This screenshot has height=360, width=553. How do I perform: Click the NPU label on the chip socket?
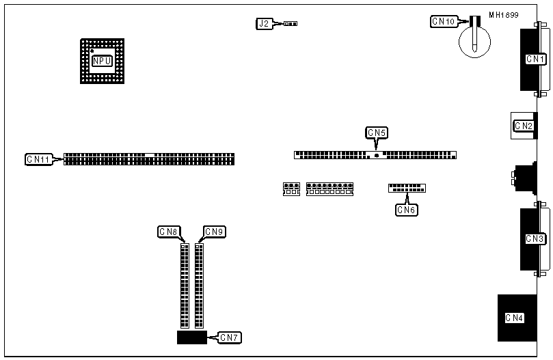[103, 61]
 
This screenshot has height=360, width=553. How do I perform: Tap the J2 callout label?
[264, 23]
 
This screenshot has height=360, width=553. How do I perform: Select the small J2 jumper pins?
[291, 23]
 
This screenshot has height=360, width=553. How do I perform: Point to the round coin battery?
[472, 40]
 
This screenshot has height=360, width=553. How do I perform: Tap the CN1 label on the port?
[535, 59]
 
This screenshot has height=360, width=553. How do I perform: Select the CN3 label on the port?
[535, 239]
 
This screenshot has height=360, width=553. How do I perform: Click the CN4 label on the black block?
[513, 317]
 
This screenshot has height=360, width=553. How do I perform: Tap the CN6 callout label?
[406, 210]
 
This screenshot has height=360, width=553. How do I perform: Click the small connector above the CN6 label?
[407, 188]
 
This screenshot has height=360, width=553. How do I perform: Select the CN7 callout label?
[230, 337]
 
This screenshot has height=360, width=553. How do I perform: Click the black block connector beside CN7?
[191, 337]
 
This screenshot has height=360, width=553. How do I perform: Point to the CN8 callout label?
[168, 232]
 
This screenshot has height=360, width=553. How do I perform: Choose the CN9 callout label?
[214, 232]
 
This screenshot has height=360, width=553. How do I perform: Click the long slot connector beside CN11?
[149, 159]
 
